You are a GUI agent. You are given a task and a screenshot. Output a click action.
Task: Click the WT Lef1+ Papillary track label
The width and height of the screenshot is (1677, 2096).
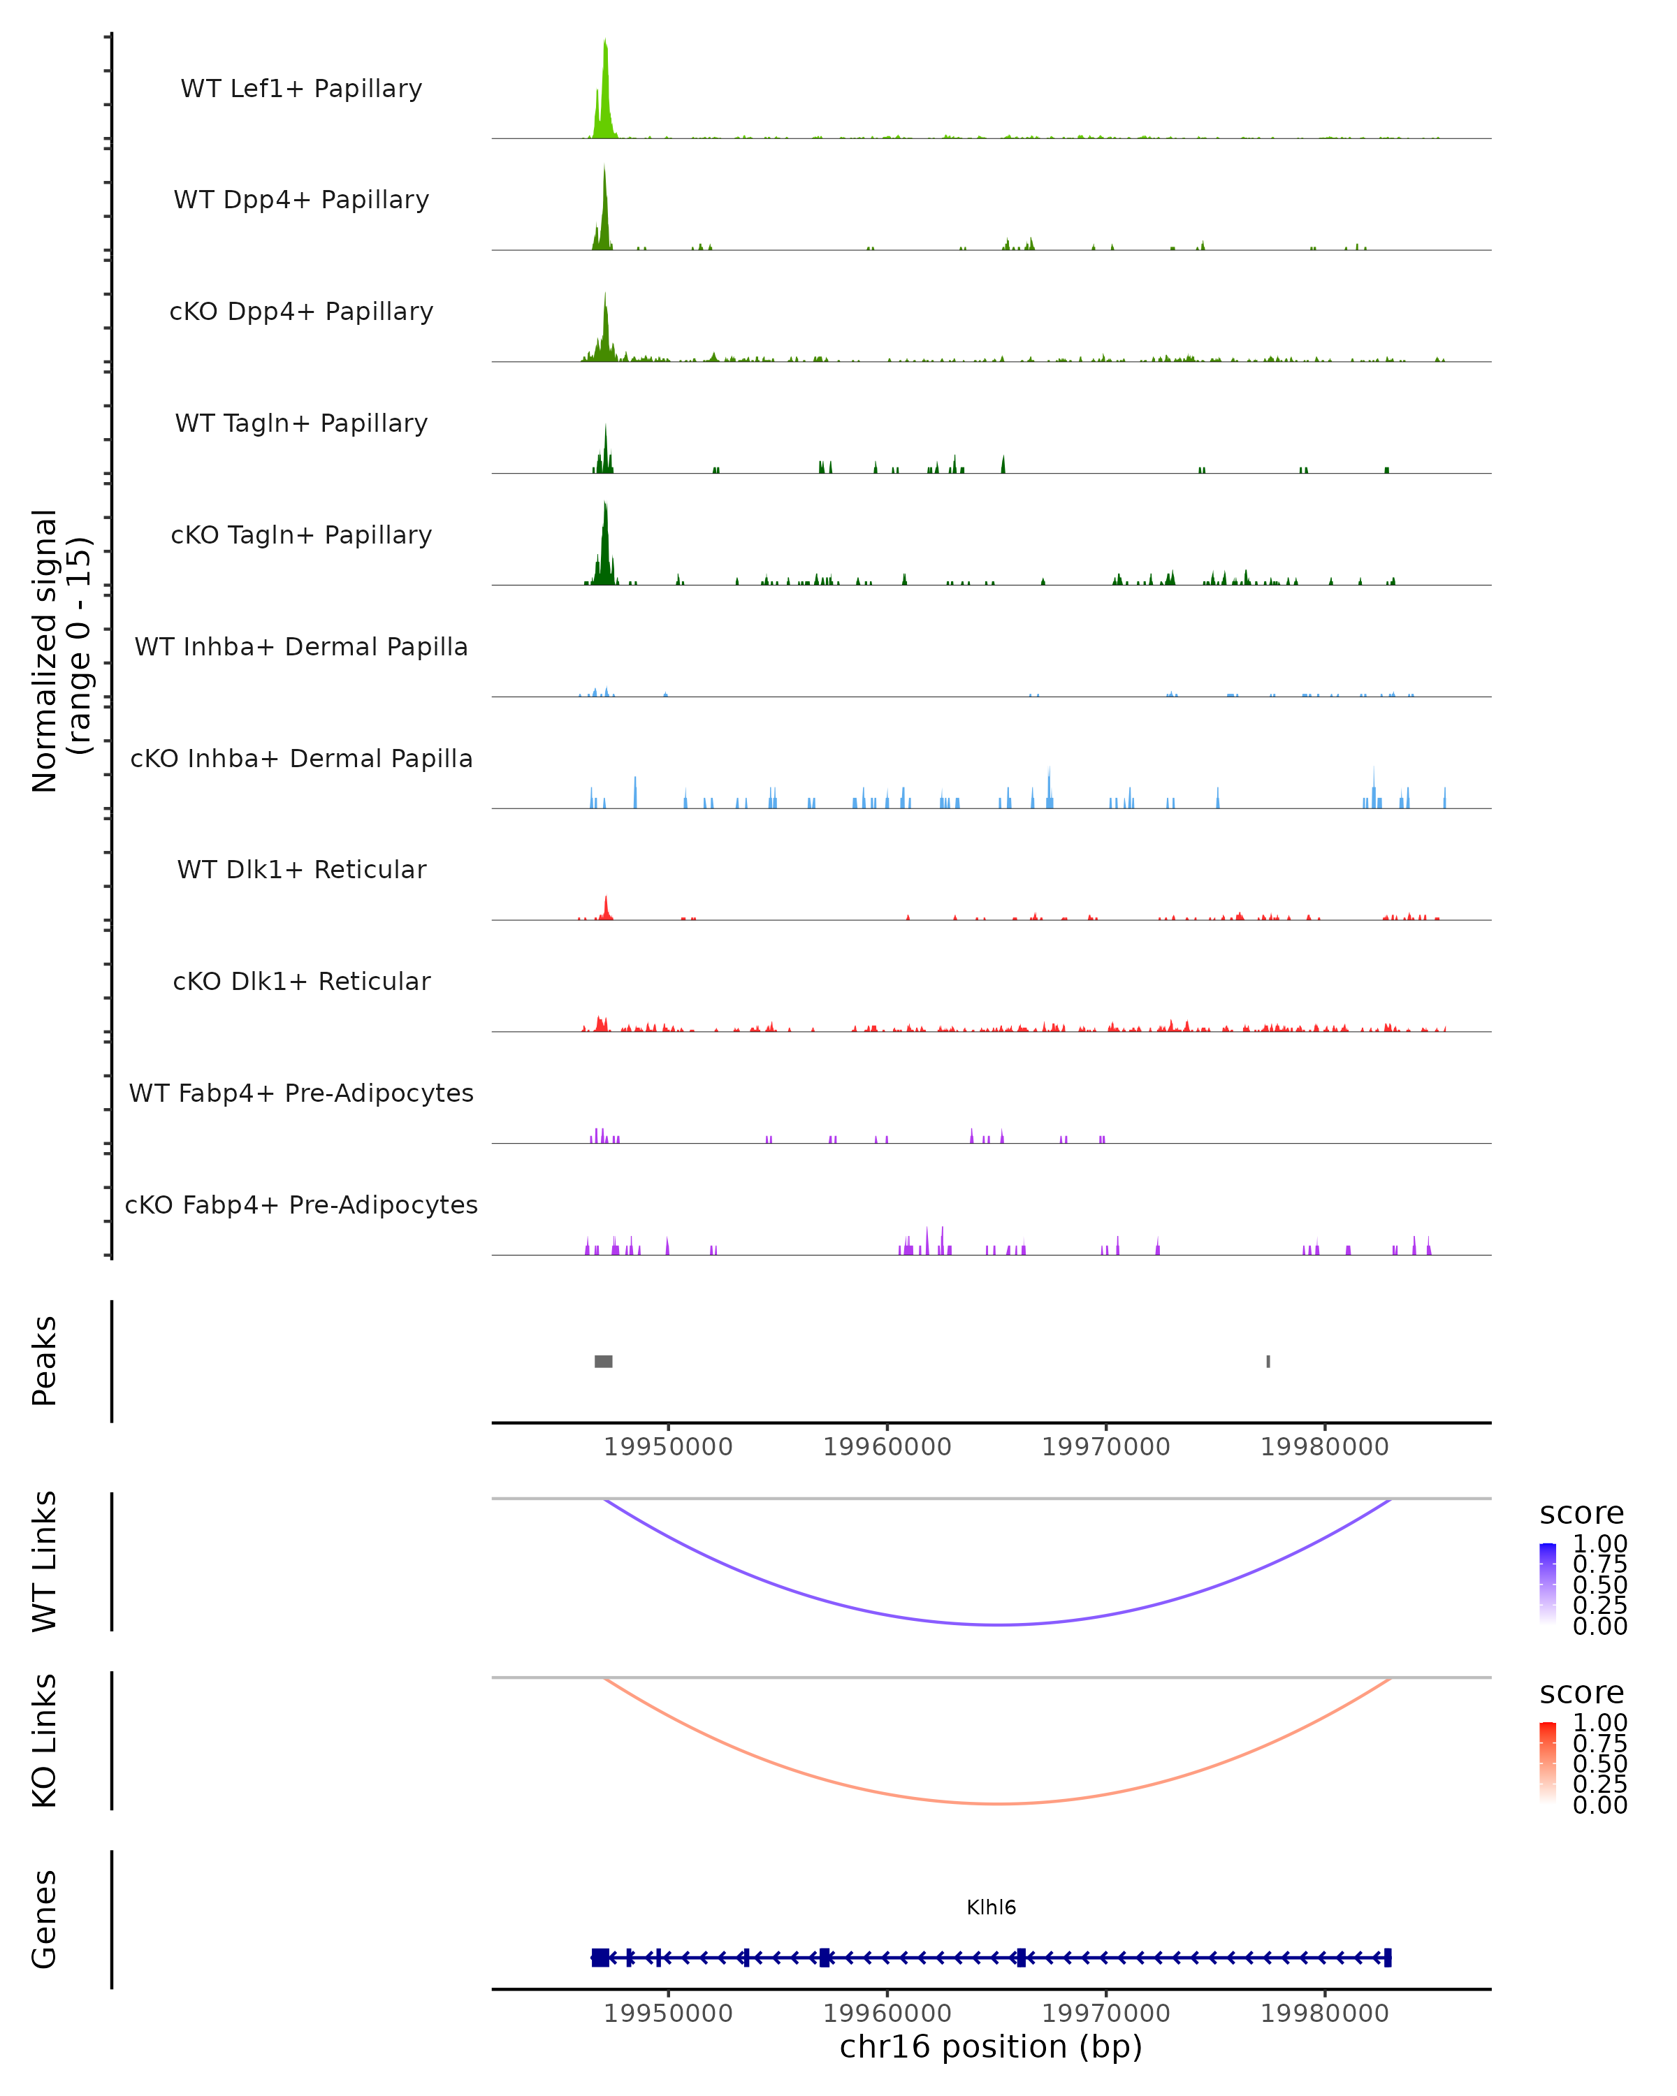(301, 89)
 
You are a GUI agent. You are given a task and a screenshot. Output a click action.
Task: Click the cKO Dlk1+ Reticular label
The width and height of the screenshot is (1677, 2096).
(301, 981)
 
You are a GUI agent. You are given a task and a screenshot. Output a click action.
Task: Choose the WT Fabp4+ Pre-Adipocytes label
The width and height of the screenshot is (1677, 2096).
(301, 1093)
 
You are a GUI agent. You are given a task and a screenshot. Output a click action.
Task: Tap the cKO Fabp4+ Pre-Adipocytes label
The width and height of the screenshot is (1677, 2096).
(301, 1205)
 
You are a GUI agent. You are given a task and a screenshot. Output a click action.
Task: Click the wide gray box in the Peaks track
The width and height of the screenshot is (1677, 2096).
(604, 1361)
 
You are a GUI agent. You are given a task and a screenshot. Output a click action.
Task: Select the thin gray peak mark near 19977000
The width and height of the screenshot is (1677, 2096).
(1268, 1361)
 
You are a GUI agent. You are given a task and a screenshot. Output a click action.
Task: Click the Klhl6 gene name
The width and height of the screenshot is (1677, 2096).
(991, 1907)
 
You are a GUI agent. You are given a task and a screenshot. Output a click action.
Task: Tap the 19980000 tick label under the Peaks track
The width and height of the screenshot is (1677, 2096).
(1324, 1447)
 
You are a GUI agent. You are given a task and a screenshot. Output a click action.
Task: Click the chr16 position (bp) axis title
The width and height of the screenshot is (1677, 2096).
(991, 2047)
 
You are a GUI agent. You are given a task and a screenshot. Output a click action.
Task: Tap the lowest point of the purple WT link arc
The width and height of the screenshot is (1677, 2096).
(996, 1624)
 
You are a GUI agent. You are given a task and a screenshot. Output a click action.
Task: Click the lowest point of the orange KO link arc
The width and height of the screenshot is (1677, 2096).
(996, 1803)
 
